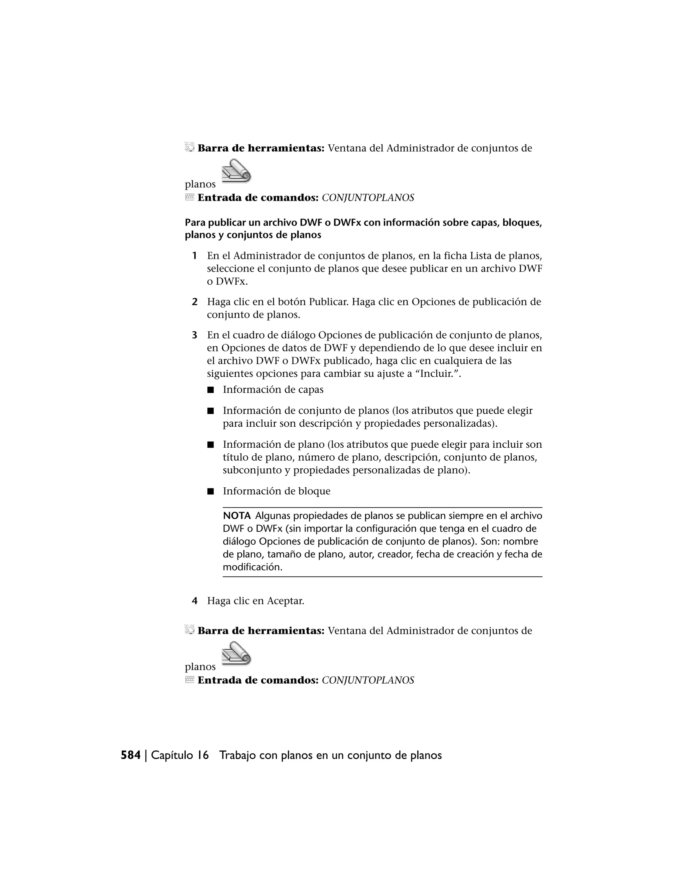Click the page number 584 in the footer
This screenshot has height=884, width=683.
pos(131,755)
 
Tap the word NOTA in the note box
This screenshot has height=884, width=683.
pos(237,516)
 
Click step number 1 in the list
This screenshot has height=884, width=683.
pos(195,256)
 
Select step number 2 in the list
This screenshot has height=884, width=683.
pos(195,302)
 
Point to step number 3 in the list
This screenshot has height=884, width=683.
pos(195,335)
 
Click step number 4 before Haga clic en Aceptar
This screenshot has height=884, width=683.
pos(195,601)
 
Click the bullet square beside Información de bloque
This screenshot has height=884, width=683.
pos(210,492)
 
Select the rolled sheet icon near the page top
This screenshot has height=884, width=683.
pos(237,170)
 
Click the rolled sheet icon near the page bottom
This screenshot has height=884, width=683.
pos(237,653)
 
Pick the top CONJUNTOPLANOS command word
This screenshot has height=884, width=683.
pos(368,198)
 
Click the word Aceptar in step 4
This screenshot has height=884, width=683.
pos(285,601)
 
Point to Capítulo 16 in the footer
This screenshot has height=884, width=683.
pos(180,755)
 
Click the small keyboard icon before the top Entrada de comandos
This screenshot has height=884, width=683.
pos(190,197)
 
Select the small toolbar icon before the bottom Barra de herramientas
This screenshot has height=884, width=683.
pos(190,629)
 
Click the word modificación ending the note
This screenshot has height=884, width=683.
pos(252,567)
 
